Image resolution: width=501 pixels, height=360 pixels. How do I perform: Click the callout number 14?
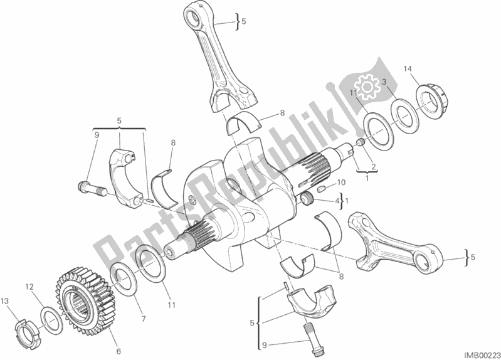coord(408,69)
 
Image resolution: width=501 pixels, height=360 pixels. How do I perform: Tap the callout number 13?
coord(5,301)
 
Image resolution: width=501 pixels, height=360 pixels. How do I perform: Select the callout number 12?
coord(29,287)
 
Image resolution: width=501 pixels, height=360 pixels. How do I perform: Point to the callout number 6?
coord(119,351)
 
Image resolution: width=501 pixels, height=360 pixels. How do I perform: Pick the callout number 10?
coord(341,183)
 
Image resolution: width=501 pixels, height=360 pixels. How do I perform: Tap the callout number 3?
coord(384,82)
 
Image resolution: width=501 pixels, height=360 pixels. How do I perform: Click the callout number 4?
coord(337,201)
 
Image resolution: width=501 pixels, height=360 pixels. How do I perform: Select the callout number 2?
coord(372,166)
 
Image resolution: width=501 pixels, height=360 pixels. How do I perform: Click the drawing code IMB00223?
coord(483,355)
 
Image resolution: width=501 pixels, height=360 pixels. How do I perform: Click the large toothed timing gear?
coord(85,302)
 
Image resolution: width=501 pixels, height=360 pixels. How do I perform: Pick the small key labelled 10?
coord(321,189)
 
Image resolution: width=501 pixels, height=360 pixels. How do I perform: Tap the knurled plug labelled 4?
coord(308,201)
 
